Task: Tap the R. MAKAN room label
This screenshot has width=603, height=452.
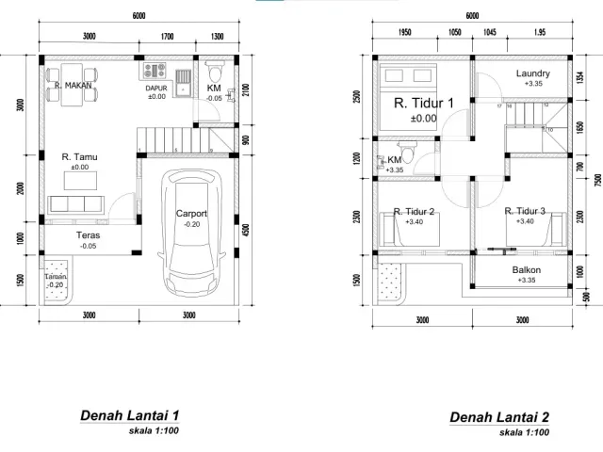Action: [73, 85]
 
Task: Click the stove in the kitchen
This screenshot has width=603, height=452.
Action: [155, 71]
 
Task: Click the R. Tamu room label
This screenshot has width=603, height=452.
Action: [79, 157]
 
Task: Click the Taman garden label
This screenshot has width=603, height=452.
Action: [56, 276]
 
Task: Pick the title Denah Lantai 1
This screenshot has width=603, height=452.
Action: [130, 414]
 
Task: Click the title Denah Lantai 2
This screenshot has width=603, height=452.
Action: [498, 417]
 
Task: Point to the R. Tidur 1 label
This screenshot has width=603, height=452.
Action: [423, 103]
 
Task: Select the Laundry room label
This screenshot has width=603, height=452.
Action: [533, 73]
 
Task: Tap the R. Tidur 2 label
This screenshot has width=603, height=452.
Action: [414, 211]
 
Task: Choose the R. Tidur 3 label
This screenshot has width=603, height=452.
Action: [525, 211]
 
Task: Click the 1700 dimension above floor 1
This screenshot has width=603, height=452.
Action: [167, 37]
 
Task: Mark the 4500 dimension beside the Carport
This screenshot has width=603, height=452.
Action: [245, 229]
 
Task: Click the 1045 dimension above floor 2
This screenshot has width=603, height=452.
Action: [490, 32]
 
